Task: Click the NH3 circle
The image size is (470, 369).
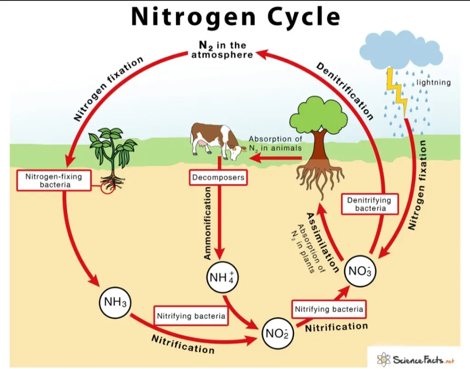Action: tap(115, 302)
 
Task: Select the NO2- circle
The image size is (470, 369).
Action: tap(277, 333)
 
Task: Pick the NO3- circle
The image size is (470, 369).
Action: tap(360, 271)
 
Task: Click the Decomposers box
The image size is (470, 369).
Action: tap(218, 177)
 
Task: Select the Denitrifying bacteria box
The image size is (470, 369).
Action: tap(369, 204)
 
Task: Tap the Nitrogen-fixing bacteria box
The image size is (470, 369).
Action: tap(54, 180)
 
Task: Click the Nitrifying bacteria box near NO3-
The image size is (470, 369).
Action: tap(329, 309)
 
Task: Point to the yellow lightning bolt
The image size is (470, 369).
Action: tap(397, 91)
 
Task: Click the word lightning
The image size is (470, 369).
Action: tap(433, 83)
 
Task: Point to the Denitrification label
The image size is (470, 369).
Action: tap(345, 91)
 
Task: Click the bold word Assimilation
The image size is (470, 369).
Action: tap(323, 242)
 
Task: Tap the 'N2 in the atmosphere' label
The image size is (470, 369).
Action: tap(222, 50)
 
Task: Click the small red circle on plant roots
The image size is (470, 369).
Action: tap(107, 188)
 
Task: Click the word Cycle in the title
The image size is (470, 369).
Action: tap(304, 17)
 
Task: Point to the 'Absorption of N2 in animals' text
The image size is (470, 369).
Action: tap(275, 143)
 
